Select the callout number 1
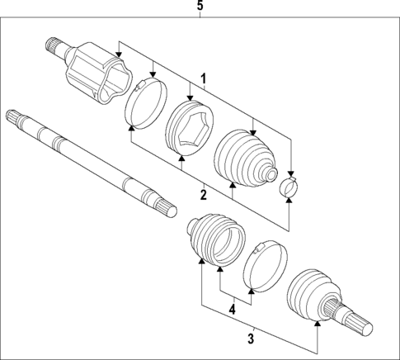pos(203,80)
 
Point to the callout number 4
pos(233,310)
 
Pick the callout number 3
pos(252,337)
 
